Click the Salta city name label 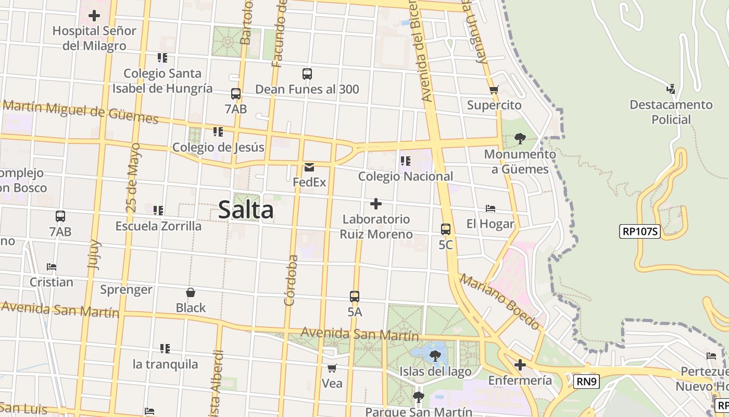[x=246, y=210]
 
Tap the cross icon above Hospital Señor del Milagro [x=94, y=16]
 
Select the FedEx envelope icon [x=309, y=167]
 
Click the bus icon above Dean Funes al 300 [x=307, y=74]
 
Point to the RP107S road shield [x=640, y=231]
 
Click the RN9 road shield [x=587, y=382]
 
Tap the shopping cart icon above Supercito [x=494, y=90]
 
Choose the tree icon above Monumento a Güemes [x=520, y=138]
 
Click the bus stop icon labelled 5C [x=446, y=229]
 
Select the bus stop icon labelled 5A [x=355, y=297]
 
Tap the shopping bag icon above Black [x=191, y=293]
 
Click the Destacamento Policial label [x=671, y=112]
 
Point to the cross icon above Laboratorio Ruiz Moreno [x=376, y=204]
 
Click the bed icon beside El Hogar [x=490, y=208]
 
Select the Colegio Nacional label [x=406, y=176]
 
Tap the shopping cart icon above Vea [x=332, y=369]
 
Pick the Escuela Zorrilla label [x=158, y=226]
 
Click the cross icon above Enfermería [x=520, y=365]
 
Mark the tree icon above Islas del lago [x=435, y=356]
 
